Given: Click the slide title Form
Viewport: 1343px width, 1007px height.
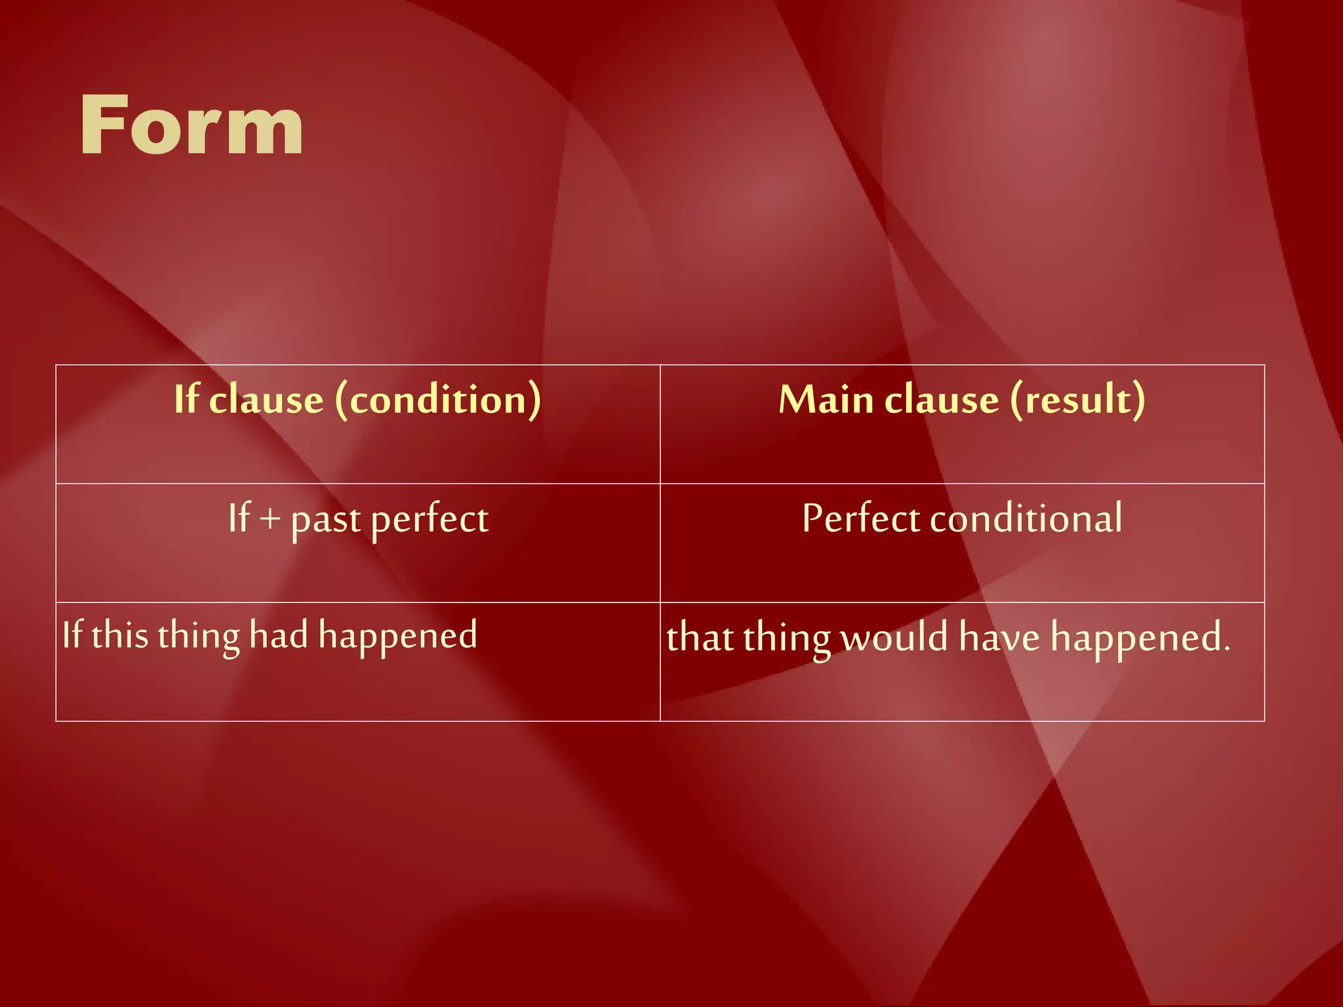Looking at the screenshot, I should (x=191, y=125).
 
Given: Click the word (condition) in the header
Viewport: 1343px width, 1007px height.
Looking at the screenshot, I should (x=438, y=399).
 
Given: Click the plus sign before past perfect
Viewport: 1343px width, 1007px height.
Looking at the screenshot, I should (x=270, y=519).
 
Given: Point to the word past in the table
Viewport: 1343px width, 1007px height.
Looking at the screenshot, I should (x=326, y=521).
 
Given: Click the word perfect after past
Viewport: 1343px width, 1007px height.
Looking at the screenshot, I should (x=430, y=521).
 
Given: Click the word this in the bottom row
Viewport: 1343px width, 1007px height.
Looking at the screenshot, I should (x=120, y=635).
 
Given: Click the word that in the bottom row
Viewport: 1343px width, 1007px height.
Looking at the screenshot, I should (x=699, y=637).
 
